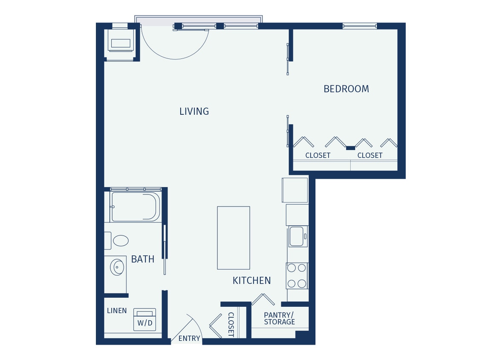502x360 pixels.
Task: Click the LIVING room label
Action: [194, 111]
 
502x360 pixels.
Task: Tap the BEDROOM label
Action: [346, 89]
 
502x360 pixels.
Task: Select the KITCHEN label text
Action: [251, 280]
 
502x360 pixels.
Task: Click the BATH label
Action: [142, 259]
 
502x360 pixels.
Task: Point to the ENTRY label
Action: [189, 338]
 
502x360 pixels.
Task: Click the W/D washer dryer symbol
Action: [144, 319]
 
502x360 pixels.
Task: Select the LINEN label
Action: [117, 311]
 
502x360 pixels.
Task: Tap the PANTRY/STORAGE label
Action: [279, 318]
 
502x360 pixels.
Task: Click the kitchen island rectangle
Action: [233, 238]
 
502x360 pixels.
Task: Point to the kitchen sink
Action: [296, 236]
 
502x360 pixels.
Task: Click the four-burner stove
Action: [297, 276]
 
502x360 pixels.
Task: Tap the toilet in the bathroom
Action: [120, 241]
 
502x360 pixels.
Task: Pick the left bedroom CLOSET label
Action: [317, 155]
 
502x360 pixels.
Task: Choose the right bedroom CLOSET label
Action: [369, 155]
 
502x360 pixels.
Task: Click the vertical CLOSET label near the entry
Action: [231, 324]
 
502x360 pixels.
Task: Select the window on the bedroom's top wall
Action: [359, 26]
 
